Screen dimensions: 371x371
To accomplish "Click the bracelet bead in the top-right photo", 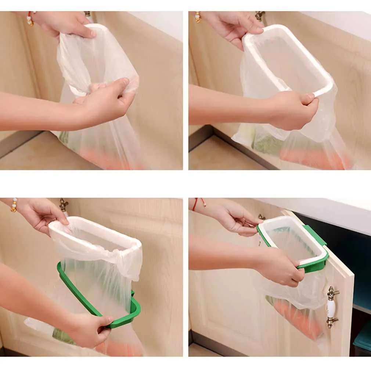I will [198, 16].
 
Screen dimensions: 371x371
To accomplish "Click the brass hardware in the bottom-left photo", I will [64, 205].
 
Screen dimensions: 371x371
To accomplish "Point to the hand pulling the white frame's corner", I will [298, 110].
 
